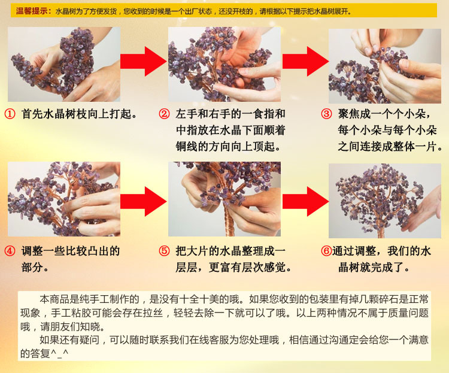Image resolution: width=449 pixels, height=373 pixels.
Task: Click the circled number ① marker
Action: click(10, 113)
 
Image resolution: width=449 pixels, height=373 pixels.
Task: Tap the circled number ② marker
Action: click(165, 113)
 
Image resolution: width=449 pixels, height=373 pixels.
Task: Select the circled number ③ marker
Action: click(326, 114)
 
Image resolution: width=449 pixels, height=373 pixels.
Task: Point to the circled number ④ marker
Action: click(10, 251)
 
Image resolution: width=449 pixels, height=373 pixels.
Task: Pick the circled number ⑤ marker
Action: click(165, 251)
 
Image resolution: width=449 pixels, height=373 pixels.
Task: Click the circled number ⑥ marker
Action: click(326, 251)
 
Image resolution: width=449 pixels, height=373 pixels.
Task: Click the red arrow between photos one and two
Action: click(143, 60)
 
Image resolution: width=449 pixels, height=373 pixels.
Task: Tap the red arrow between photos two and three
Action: click(305, 60)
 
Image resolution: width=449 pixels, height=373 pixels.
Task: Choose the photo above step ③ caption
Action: click(385, 65)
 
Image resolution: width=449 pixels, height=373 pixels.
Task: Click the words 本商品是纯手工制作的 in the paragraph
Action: click(89, 299)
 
